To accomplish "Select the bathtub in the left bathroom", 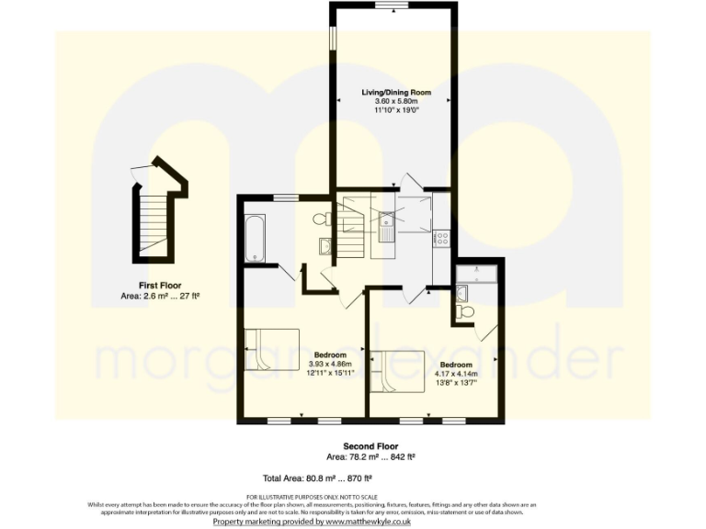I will (x=256, y=239).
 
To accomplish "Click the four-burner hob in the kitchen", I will (x=441, y=238).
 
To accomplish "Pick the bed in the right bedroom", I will (x=396, y=372).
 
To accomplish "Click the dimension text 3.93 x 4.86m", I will (x=330, y=364).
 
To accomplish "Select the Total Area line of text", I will (x=316, y=478).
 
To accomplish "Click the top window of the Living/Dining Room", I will (x=392, y=6).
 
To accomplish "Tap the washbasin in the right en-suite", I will (x=461, y=293).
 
